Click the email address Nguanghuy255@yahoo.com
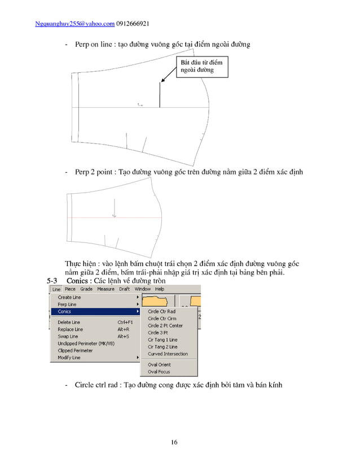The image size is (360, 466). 74,24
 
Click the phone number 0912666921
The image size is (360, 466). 133,24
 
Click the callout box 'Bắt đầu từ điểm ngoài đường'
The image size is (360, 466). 200,66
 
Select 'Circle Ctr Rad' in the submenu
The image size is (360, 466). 161,311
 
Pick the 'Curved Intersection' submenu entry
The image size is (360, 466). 168,354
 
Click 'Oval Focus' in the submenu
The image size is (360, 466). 159,372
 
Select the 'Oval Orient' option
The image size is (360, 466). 159,365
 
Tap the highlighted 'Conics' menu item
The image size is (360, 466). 65,311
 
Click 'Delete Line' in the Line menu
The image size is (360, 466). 69,322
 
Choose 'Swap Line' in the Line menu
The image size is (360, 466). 68,336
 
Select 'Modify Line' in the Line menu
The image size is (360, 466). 69,358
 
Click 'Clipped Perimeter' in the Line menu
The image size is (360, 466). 75,350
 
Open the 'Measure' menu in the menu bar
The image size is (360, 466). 106,289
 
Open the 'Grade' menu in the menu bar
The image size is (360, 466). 86,289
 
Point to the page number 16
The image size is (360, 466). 174,442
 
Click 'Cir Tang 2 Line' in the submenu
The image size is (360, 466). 163,347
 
